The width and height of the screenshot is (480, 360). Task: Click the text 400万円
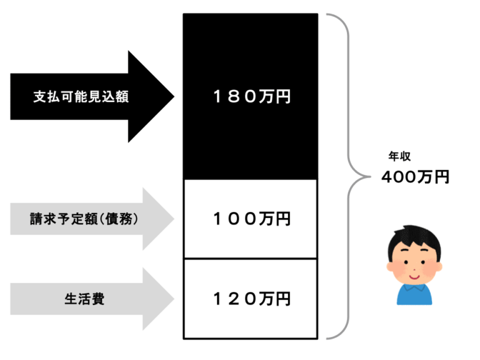pos(415,177)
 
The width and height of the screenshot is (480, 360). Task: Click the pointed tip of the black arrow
pos(173,97)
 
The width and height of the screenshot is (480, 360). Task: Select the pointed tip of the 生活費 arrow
pos(173,299)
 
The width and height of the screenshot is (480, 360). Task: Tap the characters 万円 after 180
pos(274,97)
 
